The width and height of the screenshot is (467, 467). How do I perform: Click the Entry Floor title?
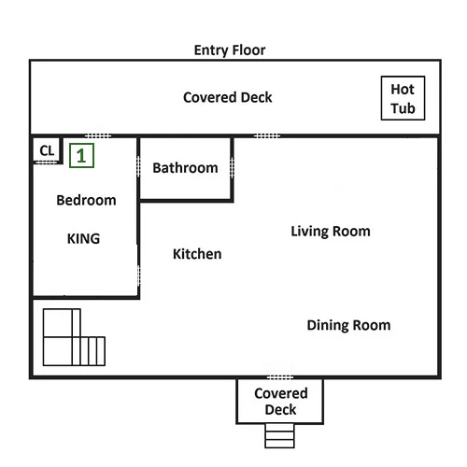pyautogui.click(x=230, y=50)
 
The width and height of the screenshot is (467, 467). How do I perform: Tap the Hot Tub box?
pyautogui.click(x=403, y=98)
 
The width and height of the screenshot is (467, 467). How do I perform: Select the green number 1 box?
pyautogui.click(x=81, y=155)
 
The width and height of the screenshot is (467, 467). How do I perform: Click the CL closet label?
pyautogui.click(x=47, y=150)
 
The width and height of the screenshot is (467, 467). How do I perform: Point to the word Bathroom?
pyautogui.click(x=185, y=168)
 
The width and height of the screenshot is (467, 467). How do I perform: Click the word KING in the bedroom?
pyautogui.click(x=83, y=239)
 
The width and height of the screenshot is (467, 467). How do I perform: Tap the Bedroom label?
pyautogui.click(x=86, y=200)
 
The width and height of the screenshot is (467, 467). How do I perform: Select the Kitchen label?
pyautogui.click(x=197, y=254)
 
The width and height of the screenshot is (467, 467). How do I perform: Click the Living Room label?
pyautogui.click(x=331, y=232)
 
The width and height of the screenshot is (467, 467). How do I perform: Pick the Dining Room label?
pyautogui.click(x=348, y=325)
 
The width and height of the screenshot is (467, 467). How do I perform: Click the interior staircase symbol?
pyautogui.click(x=74, y=337)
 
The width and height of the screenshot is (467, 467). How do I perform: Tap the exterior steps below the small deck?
pyautogui.click(x=279, y=436)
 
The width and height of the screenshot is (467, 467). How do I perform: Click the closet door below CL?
pyautogui.click(x=46, y=163)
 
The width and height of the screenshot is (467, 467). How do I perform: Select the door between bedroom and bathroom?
pyautogui.click(x=138, y=167)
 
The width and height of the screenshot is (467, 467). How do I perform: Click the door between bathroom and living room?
pyautogui.click(x=232, y=168)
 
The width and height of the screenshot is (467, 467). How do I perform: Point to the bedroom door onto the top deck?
pyautogui.click(x=98, y=135)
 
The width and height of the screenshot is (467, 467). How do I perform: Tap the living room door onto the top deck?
pyautogui.click(x=267, y=135)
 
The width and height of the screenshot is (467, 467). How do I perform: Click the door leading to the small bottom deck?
pyautogui.click(x=280, y=377)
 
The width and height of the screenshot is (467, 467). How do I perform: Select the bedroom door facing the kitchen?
pyautogui.click(x=138, y=276)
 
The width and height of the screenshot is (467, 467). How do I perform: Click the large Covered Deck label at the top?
pyautogui.click(x=228, y=97)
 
